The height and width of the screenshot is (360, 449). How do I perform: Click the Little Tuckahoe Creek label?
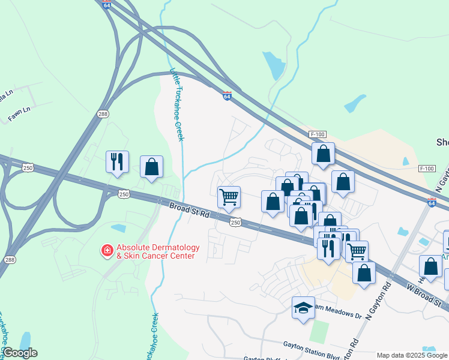click(176, 105)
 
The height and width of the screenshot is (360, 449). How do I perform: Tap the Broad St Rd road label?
click(189, 212)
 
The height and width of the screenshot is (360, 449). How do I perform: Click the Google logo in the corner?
click(20, 353)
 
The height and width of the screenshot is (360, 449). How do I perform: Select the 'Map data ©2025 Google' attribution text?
click(412, 355)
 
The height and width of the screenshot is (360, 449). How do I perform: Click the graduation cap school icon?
click(303, 308)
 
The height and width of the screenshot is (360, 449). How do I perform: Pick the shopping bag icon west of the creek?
click(151, 167)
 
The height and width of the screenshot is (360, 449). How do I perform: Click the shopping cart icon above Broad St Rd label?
click(229, 197)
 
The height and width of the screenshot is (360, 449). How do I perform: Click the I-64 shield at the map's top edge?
click(106, 5)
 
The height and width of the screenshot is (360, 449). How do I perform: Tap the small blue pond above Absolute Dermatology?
click(118, 228)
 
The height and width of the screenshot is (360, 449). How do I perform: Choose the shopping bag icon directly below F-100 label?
click(323, 154)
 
